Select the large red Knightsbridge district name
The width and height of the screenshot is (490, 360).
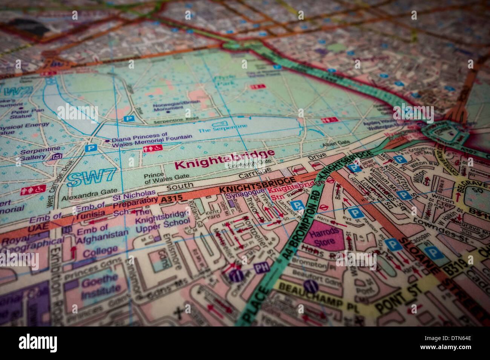point(225,160)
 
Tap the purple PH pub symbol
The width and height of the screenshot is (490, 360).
point(261,268)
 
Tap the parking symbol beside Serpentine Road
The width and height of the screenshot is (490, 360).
point(129,119)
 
